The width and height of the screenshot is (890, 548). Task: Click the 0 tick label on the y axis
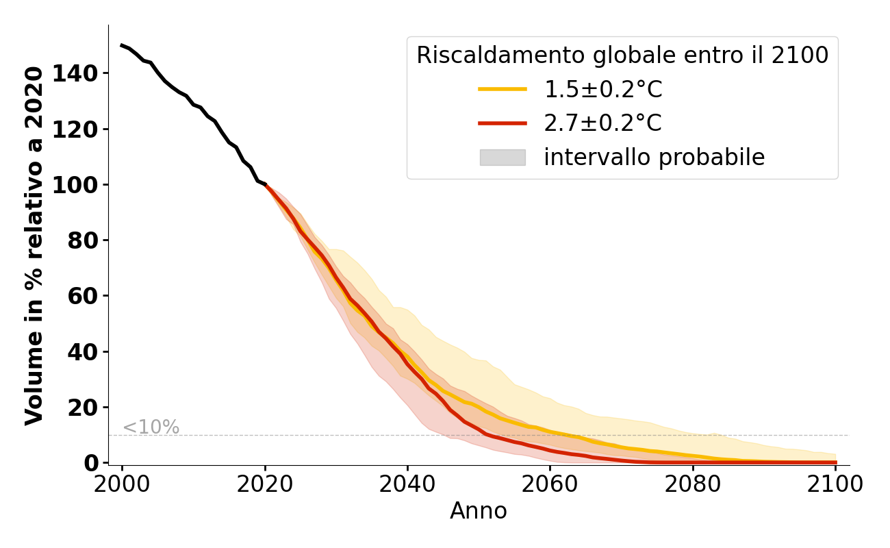[92, 463]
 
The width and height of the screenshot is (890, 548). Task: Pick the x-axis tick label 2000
[122, 484]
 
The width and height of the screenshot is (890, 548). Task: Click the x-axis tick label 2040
[407, 484]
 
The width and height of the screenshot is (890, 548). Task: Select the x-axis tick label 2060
[550, 484]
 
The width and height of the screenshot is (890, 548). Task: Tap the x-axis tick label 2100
[835, 484]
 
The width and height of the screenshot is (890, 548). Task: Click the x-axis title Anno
[479, 511]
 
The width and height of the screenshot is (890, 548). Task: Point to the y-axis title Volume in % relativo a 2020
[34, 245]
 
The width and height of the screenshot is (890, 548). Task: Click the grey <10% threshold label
[151, 427]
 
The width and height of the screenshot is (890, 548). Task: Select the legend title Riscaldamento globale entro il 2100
[622, 55]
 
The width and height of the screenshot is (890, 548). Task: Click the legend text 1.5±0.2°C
[603, 89]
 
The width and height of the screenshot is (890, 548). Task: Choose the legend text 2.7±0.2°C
[603, 123]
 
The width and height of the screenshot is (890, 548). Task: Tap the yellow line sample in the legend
[503, 89]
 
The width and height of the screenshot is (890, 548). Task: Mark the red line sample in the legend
[503, 123]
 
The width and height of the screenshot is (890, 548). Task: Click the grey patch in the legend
[503, 158]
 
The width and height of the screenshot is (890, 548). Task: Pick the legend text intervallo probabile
[654, 158]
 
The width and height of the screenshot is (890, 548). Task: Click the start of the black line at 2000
[122, 45]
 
